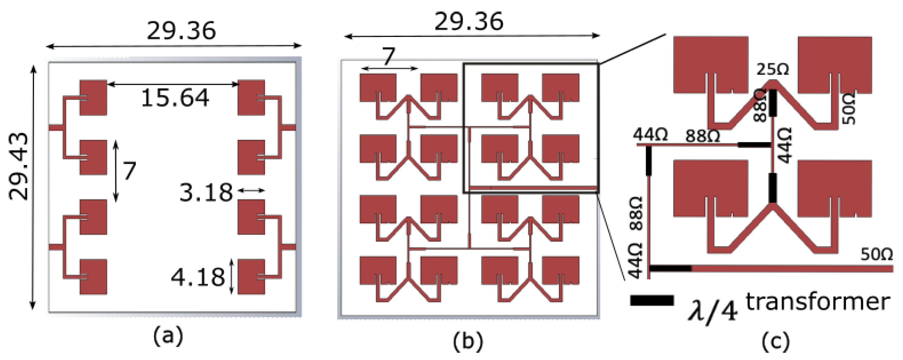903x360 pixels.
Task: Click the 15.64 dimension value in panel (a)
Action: tap(175, 98)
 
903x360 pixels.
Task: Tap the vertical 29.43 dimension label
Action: tap(18, 167)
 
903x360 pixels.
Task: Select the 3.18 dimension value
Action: tap(206, 193)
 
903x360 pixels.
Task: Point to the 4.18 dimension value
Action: tap(198, 277)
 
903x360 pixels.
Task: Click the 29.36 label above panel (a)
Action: tap(181, 31)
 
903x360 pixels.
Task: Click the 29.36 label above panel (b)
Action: tap(469, 22)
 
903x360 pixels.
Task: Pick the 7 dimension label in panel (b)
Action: tap(388, 57)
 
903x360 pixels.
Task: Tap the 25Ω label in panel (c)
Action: tap(773, 70)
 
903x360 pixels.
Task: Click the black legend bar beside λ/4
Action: tap(652, 300)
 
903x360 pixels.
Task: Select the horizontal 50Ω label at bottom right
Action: tap(876, 255)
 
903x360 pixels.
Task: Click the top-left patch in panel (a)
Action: tap(93, 97)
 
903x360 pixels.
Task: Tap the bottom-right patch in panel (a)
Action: tap(251, 277)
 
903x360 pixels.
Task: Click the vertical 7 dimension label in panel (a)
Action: tap(129, 171)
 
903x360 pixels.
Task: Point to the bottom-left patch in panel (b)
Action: tap(378, 270)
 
